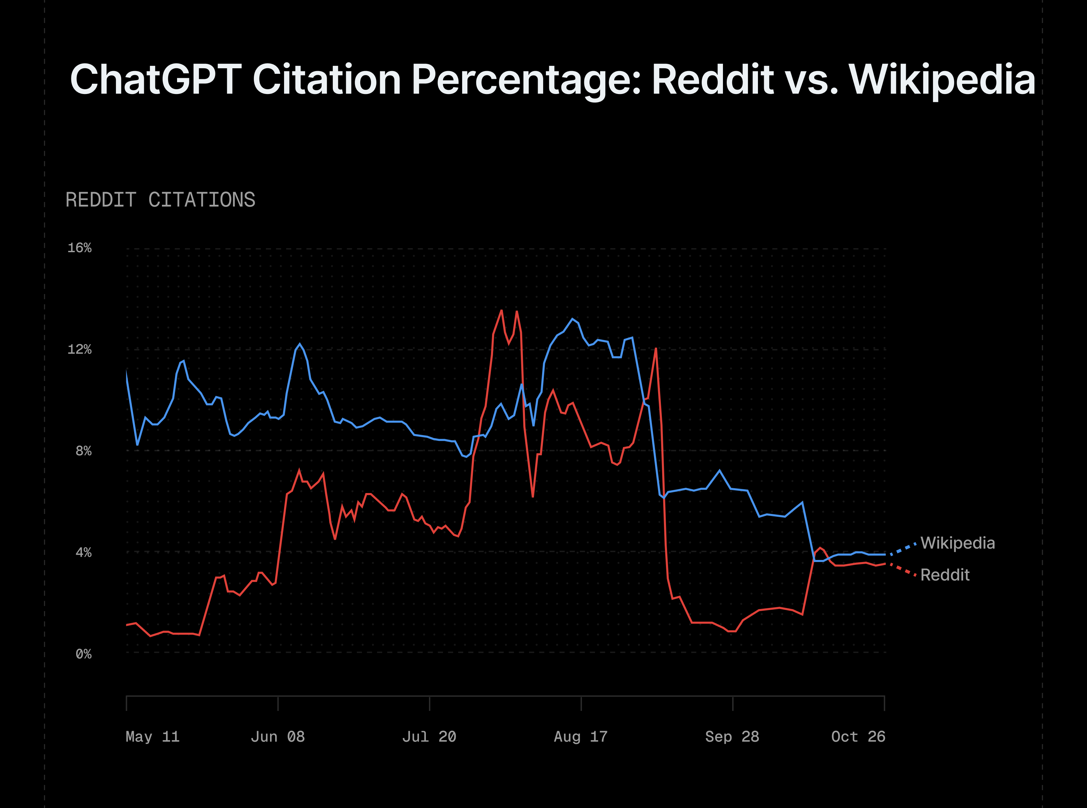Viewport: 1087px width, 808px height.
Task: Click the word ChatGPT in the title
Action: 155,79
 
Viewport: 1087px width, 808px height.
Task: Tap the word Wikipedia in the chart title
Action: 942,79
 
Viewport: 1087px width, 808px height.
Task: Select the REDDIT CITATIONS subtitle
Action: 161,200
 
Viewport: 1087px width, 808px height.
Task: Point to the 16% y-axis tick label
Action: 79,248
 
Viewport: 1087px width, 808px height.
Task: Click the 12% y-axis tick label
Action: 79,349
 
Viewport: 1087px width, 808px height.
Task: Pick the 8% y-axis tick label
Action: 83,451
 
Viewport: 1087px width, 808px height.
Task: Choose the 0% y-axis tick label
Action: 83,654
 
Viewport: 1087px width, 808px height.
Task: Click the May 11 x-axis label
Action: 153,737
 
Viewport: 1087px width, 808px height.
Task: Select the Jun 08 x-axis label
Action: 278,737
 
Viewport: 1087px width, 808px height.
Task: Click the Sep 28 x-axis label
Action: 732,737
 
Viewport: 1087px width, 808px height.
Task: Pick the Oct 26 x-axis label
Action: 858,737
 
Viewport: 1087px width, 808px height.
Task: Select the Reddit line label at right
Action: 945,575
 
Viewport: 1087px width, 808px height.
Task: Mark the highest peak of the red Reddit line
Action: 501,310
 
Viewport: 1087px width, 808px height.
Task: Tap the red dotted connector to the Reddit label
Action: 903,570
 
